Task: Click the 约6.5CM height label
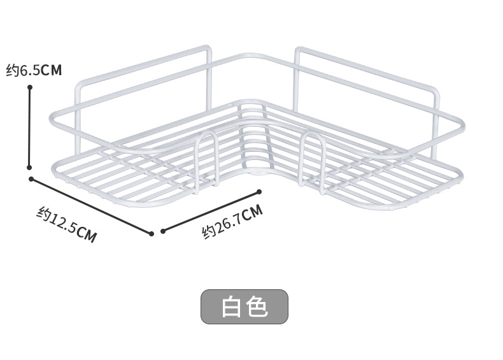click(x=34, y=70)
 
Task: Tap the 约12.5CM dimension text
click(x=66, y=225)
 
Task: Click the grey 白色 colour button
click(x=244, y=306)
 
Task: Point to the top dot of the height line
click(x=30, y=87)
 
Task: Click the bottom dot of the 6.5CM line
click(x=30, y=168)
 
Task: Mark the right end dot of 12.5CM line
click(x=151, y=233)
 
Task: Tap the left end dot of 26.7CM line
click(x=163, y=231)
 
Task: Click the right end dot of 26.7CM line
click(x=259, y=191)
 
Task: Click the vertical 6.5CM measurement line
click(x=30, y=127)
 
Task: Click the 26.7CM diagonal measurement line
click(x=211, y=212)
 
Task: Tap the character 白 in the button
click(x=232, y=307)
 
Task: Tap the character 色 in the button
click(x=257, y=307)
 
